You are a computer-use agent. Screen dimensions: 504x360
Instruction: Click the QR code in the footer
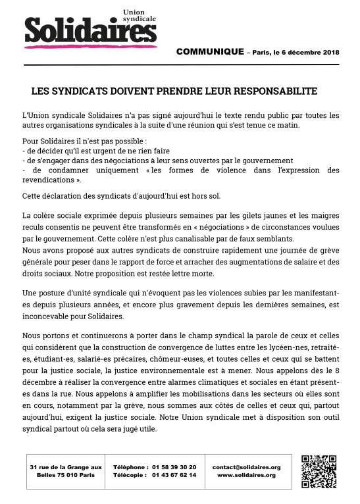click(x=319, y=471)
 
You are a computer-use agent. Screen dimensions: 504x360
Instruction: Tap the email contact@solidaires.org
click(x=246, y=467)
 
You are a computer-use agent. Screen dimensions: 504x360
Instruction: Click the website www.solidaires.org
click(x=246, y=475)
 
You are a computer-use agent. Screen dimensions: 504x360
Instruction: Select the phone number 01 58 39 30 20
click(x=174, y=467)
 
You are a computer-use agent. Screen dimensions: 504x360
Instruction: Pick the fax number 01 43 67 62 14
click(x=174, y=475)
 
